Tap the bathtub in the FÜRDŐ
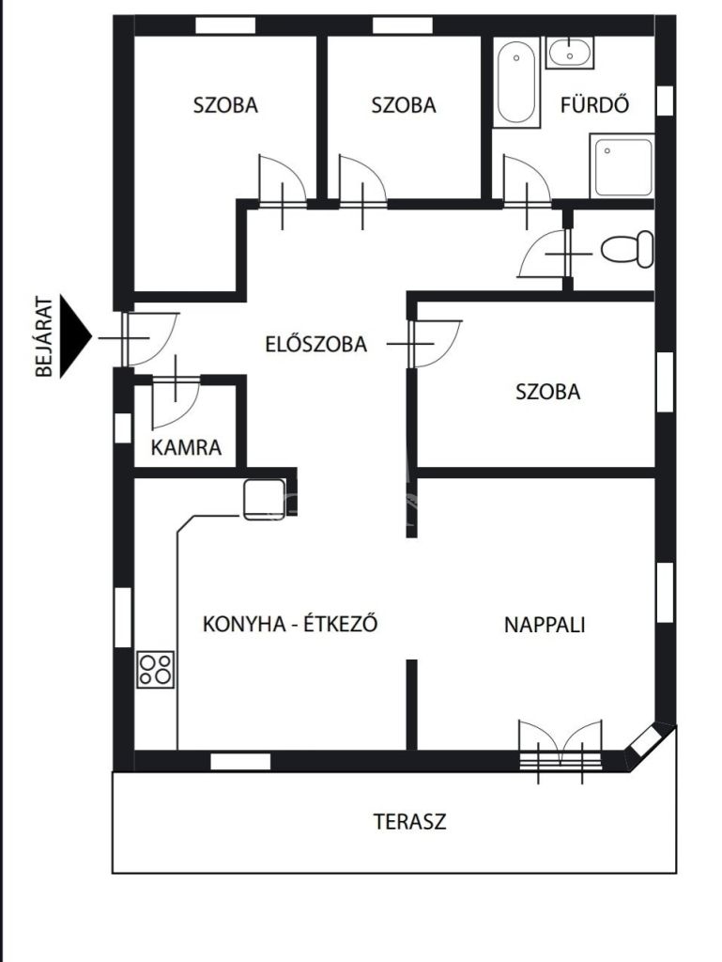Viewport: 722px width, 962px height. tap(516, 83)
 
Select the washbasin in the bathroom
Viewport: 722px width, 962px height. tap(570, 53)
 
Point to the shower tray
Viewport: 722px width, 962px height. tap(622, 166)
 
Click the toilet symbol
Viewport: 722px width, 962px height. tap(627, 249)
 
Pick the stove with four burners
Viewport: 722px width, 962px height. tap(155, 669)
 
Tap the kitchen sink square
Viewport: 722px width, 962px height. tap(265, 499)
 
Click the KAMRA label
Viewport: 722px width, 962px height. tap(186, 447)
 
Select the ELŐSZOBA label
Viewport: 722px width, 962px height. tap(315, 344)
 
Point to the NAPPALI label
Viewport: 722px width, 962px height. tap(545, 625)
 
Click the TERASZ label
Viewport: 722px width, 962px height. tap(409, 821)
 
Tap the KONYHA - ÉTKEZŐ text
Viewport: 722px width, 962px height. tap(289, 624)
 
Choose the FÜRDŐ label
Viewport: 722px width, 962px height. tap(594, 104)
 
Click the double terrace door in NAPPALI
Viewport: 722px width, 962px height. tap(561, 752)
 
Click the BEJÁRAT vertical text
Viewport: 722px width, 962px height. tap(43, 336)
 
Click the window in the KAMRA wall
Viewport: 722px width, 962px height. tap(123, 427)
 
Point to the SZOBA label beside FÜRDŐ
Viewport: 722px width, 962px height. tap(404, 105)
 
